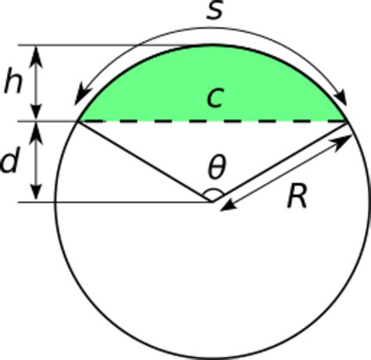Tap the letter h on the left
click(13, 83)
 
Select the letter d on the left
click(10, 162)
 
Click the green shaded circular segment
click(157, 86)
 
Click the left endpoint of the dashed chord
click(77, 121)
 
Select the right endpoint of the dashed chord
click(347, 121)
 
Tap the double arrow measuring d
click(36, 162)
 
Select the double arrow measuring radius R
click(286, 170)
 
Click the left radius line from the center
click(145, 161)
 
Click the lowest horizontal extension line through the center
click(117, 201)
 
